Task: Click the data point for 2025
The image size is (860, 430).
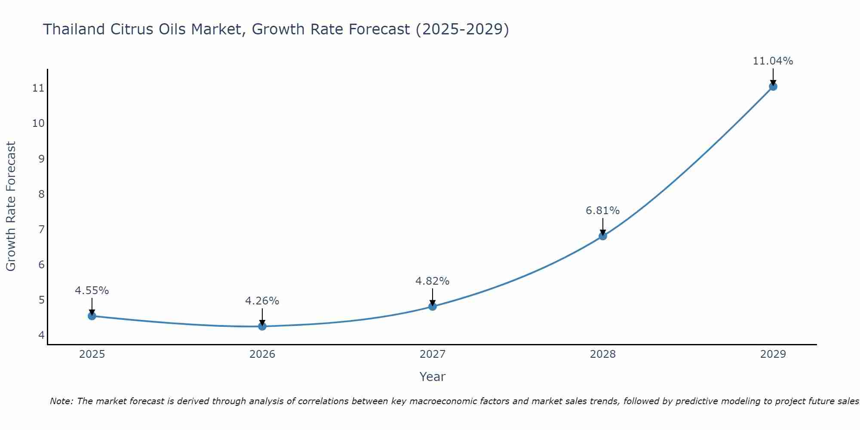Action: pos(92,316)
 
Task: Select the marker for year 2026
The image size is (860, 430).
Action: pos(262,326)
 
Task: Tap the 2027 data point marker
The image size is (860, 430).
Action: pos(433,307)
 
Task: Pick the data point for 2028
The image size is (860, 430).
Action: pos(603,236)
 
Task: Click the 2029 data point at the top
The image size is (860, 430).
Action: pos(773,86)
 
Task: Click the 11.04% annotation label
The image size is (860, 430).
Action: pos(773,61)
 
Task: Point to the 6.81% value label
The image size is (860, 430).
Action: pos(602,211)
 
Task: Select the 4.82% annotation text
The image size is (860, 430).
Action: pos(432,281)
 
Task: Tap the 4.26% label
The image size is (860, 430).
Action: pos(262,301)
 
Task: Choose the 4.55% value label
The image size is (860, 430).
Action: pos(92,291)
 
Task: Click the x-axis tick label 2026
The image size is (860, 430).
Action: pos(262,354)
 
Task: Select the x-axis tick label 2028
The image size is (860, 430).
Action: pos(603,354)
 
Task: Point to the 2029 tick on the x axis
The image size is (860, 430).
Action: pos(773,354)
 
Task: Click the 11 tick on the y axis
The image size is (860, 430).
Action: pos(38,89)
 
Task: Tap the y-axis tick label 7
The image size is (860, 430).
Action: pos(41,230)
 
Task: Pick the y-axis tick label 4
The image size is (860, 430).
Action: pos(41,335)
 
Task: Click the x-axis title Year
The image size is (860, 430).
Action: pos(432,377)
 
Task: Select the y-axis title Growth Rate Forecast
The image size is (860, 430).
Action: pos(11,206)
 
